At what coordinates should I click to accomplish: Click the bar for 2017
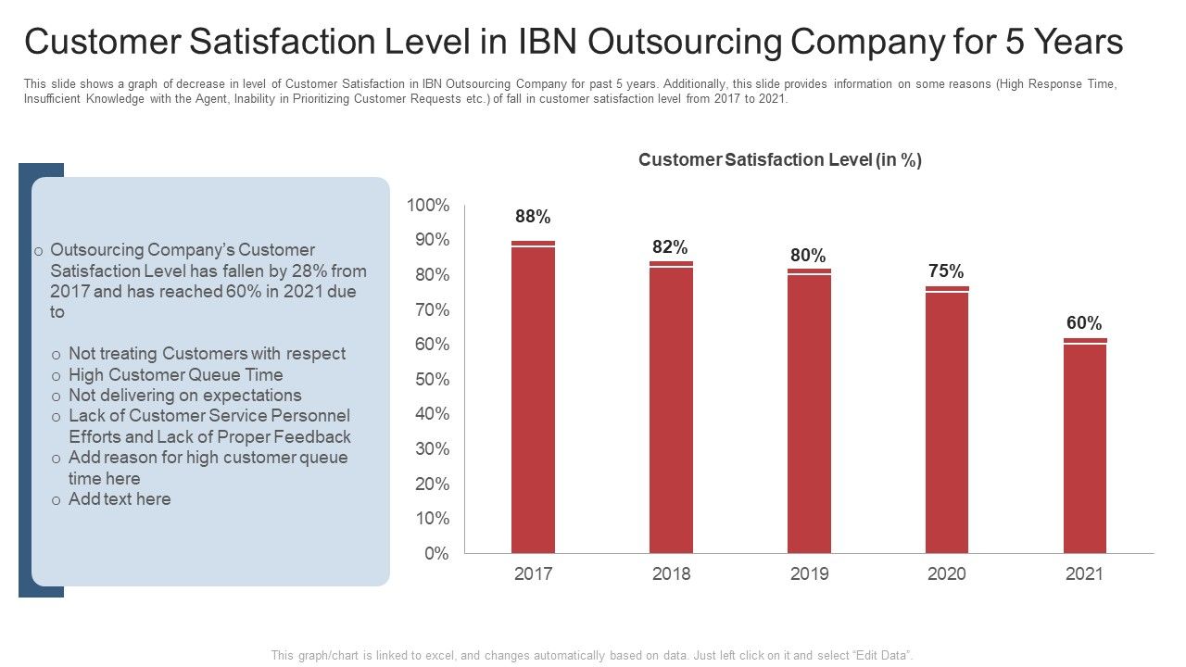[533, 398]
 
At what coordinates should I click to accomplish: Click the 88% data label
[533, 217]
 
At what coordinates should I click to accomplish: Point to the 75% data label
[946, 271]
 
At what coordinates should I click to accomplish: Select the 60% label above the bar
[1084, 323]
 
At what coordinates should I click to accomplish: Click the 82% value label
[670, 247]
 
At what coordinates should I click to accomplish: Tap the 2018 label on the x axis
[671, 574]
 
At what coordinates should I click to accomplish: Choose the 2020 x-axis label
[946, 574]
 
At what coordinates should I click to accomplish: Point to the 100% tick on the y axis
[429, 205]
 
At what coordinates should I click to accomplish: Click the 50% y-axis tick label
[431, 379]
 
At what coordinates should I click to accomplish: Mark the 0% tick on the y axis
[436, 554]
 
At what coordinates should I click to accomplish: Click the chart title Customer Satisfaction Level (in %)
[780, 160]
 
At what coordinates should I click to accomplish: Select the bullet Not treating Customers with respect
[207, 354]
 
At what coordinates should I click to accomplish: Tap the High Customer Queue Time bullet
[175, 375]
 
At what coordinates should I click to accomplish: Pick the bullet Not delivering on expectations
[184, 396]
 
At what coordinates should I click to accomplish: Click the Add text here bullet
[120, 499]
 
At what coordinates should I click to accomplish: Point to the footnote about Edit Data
[592, 655]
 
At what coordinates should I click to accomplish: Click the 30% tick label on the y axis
[431, 449]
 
